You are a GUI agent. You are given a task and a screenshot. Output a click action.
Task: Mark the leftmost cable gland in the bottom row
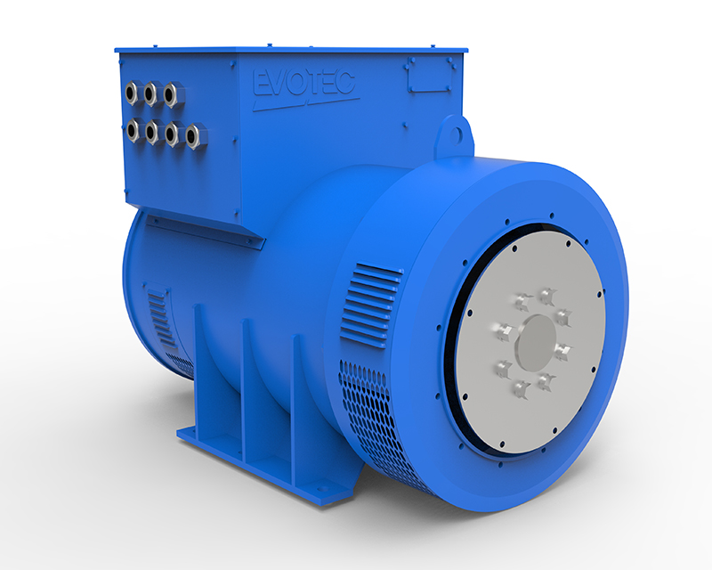pos(133,130)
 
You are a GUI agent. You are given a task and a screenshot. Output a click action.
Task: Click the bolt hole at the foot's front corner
pos(321,488)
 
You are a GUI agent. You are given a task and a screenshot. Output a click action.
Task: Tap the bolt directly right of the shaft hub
pos(562,350)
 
